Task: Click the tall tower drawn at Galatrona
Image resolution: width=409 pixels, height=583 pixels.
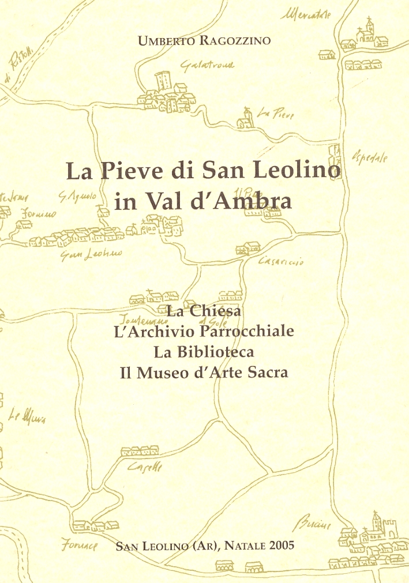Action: point(163,81)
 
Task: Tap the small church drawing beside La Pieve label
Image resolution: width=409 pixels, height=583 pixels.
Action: point(247,119)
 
